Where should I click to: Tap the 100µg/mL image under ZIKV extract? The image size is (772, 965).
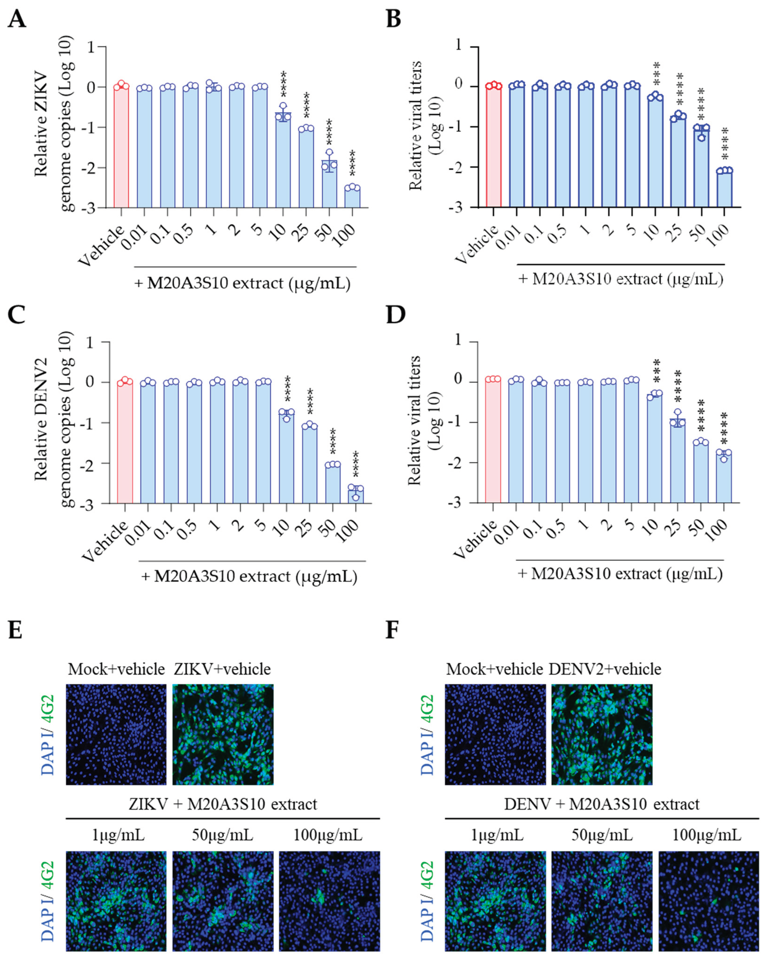tap(329, 901)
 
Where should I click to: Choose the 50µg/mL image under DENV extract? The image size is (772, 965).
tap(602, 901)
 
